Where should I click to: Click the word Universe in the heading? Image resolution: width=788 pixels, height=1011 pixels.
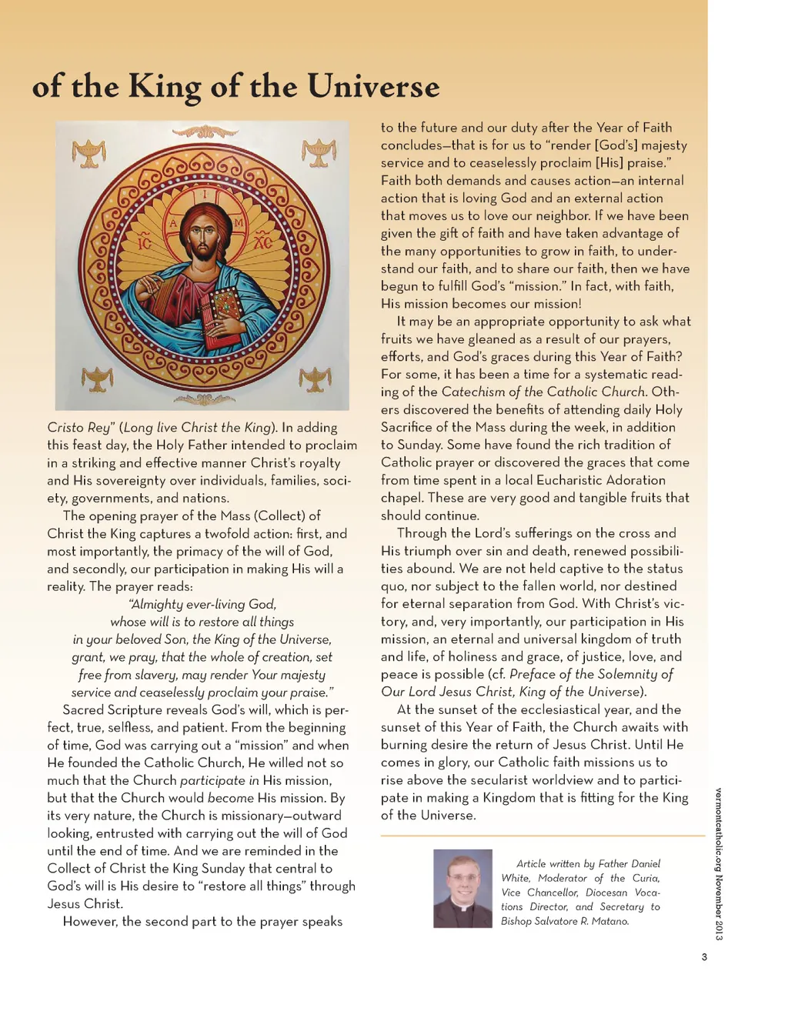point(373,86)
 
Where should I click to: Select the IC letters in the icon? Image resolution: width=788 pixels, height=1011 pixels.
point(145,243)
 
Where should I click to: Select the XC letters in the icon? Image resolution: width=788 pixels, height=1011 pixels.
point(262,242)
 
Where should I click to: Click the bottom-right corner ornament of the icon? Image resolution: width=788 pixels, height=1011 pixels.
point(316,379)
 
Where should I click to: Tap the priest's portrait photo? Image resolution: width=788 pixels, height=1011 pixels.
point(462,888)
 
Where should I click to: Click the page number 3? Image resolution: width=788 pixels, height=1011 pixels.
point(703,957)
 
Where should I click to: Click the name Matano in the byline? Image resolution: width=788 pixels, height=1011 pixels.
point(610,921)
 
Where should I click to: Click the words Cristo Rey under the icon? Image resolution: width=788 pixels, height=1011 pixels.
point(78,428)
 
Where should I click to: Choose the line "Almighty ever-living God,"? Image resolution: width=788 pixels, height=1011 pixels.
point(202,604)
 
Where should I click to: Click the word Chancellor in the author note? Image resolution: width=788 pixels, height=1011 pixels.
point(552,893)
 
